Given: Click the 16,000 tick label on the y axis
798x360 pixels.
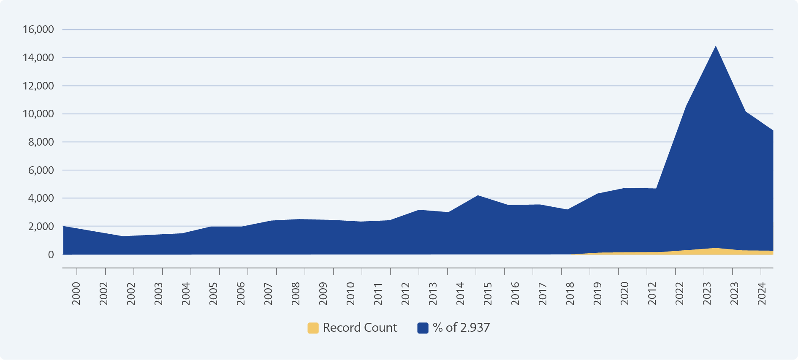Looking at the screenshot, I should tap(38, 30).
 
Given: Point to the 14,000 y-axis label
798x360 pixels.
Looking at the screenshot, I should tap(38, 58).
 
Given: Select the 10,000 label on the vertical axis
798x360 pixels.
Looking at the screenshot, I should tap(38, 114).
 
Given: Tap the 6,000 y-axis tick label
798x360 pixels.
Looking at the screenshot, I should tap(41, 171).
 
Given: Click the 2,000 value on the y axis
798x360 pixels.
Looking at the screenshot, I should tap(41, 227).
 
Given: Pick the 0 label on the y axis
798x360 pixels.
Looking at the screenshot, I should tap(51, 255).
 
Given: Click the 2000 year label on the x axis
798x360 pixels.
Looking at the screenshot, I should tap(76, 293).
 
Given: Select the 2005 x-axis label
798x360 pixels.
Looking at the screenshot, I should tap(214, 293).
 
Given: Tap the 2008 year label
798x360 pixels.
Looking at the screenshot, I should tap(296, 293).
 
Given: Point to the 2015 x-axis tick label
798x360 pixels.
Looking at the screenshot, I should tap(488, 293).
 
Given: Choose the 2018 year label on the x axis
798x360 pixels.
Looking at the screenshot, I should tap(570, 293).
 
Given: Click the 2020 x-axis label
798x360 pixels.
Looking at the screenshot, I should tap(625, 293).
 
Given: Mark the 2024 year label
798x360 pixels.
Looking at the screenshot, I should tap(762, 293).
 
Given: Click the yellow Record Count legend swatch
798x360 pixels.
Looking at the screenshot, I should tap(313, 328).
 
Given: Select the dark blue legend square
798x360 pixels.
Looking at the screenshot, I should tap(423, 328).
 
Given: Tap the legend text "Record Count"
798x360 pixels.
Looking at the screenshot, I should tap(360, 328).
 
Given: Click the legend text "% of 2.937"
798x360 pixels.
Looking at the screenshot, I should tap(461, 328).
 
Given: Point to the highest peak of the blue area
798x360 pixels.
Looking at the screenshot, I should tap(716, 46).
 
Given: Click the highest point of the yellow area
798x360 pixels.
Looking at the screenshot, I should tap(716, 248).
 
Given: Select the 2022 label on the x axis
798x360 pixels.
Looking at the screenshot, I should tap(680, 293).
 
